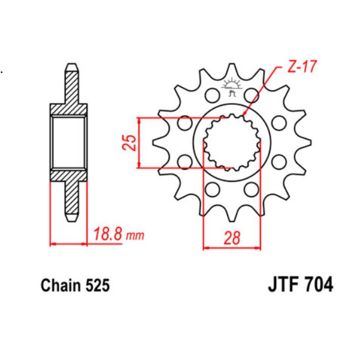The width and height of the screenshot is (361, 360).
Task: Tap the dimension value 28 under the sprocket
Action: (232, 237)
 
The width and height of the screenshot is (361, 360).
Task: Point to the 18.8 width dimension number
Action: (108, 235)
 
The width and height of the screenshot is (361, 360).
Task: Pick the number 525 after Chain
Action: (97, 286)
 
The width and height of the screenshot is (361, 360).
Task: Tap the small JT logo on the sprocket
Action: (232, 87)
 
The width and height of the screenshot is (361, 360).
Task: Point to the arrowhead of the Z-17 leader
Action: (244, 116)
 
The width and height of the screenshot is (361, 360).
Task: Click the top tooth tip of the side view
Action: (71, 65)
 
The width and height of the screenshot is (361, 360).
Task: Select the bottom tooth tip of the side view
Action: (71, 219)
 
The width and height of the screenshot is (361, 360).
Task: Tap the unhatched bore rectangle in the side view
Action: (69, 142)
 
